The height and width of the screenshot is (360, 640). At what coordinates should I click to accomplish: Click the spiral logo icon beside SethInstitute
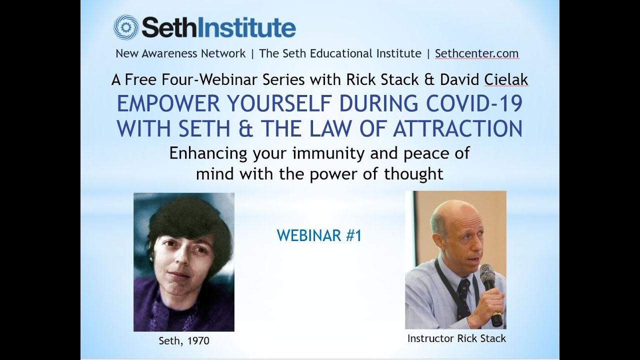tap(125, 26)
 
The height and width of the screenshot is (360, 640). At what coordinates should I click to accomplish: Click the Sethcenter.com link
tap(476, 53)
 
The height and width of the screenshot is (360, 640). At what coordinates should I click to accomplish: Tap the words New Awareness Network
tap(180, 53)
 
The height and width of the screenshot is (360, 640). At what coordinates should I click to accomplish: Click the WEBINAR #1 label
tap(319, 236)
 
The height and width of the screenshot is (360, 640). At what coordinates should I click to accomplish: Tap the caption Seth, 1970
tap(184, 341)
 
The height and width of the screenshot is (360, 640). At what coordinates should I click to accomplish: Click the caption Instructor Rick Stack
tap(456, 338)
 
